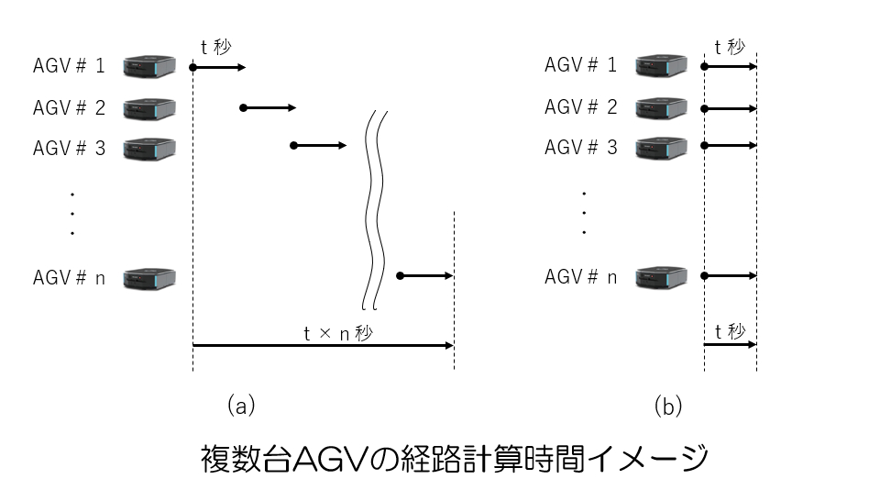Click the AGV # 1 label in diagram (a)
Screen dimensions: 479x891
(70, 66)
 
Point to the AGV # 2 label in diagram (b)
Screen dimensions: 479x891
(581, 106)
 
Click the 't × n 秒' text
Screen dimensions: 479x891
(338, 334)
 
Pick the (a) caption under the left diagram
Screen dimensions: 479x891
(240, 405)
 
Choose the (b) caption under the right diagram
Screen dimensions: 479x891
(668, 405)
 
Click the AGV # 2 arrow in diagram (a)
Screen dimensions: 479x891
(269, 107)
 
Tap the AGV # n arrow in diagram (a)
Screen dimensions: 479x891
(425, 275)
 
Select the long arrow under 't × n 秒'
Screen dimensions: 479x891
(323, 346)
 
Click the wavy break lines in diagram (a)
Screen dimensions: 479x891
(377, 211)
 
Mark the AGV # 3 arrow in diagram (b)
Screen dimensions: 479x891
(731, 146)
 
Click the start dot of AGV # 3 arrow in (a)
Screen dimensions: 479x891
(292, 146)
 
